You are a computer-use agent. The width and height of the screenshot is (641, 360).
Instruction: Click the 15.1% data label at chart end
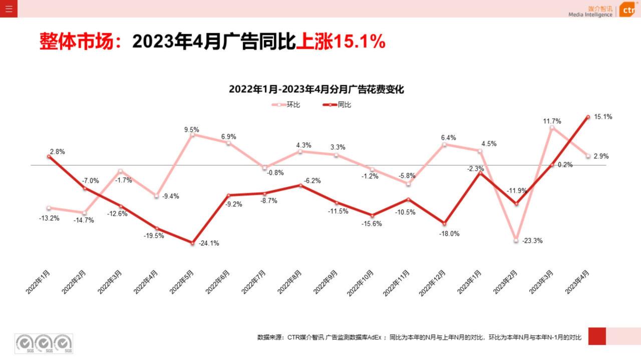603,117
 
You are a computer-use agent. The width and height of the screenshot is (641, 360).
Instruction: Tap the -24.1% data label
208,243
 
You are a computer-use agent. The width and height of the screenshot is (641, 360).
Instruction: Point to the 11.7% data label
552,121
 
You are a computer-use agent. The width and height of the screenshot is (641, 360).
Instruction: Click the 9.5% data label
191,130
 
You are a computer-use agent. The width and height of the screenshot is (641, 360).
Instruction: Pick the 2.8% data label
57,152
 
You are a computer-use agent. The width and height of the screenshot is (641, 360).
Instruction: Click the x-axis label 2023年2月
506,282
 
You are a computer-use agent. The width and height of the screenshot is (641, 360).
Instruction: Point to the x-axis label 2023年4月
577,282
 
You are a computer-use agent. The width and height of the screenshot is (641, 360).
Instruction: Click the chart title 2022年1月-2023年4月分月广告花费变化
316,89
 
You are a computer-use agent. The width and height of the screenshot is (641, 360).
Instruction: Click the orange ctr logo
628,10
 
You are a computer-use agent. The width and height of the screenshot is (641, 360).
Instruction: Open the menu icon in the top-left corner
9,9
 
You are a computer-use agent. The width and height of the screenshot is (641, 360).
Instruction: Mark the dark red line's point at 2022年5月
192,243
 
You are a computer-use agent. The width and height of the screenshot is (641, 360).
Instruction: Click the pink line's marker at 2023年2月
516,240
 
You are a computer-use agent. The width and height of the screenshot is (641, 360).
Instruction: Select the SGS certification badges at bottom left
44,343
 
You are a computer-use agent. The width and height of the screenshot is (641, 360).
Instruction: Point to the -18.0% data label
449,233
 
